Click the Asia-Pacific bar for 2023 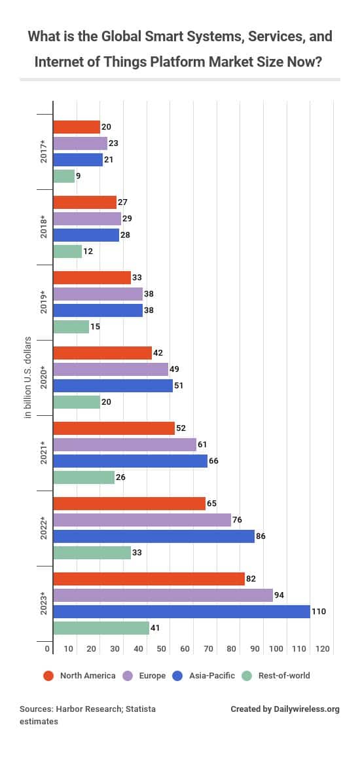coord(181,612)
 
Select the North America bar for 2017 coord(77,127)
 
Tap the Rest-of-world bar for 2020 coord(77,402)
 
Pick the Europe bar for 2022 coord(142,521)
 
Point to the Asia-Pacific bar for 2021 coord(130,461)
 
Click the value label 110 coord(319,612)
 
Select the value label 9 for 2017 coord(78,176)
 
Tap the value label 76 coord(238,521)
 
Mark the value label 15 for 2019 coord(95,327)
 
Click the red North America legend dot coord(48,675)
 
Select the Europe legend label coord(152,676)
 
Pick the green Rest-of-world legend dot coord(247,675)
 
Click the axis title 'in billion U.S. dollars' coord(28,378)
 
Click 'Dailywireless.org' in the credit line coord(307,709)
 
